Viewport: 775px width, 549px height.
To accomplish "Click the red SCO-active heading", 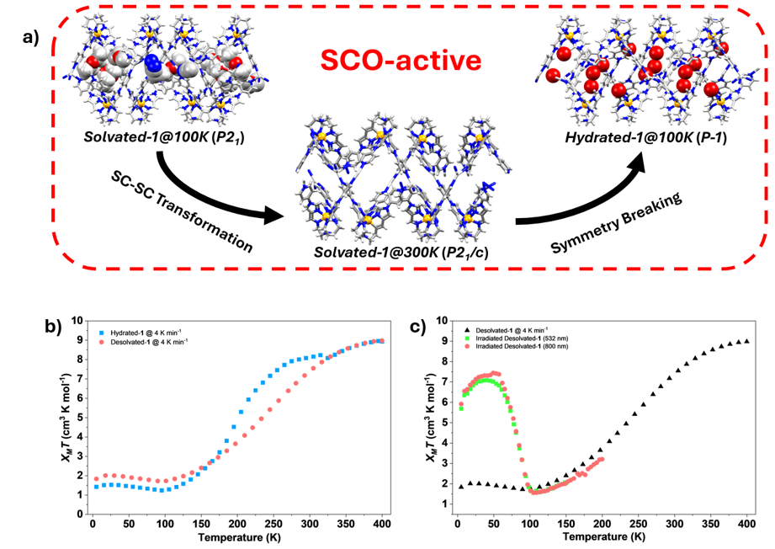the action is [x=401, y=61].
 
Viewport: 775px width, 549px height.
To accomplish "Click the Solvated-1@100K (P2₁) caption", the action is [x=164, y=136].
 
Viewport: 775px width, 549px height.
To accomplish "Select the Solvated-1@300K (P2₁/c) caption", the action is [x=401, y=253].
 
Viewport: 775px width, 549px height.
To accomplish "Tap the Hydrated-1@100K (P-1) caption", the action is [x=646, y=137].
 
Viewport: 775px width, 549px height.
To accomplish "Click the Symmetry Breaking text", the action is [x=616, y=222].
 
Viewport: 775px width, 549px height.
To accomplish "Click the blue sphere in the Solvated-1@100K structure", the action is [x=152, y=64].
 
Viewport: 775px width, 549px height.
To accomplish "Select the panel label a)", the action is [x=30, y=37].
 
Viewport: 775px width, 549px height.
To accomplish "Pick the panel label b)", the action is [x=53, y=327].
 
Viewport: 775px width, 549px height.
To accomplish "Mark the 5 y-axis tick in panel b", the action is [x=80, y=418].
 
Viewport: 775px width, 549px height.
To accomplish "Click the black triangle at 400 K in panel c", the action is [x=747, y=341].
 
